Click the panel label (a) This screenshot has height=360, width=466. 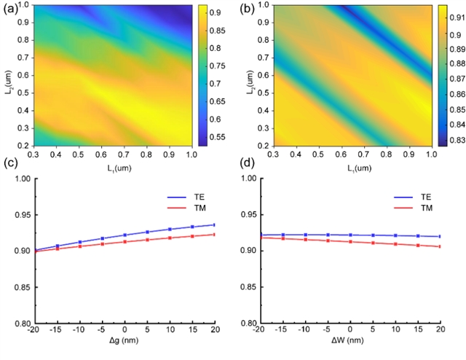tap(11, 9)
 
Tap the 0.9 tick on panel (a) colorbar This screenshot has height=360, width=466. tap(214, 12)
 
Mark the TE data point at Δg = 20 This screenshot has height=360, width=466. tap(215, 224)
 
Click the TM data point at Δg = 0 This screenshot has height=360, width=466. tap(125, 242)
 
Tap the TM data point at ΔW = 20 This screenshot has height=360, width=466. tap(441, 246)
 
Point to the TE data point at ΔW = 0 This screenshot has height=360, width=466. tap(350, 235)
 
